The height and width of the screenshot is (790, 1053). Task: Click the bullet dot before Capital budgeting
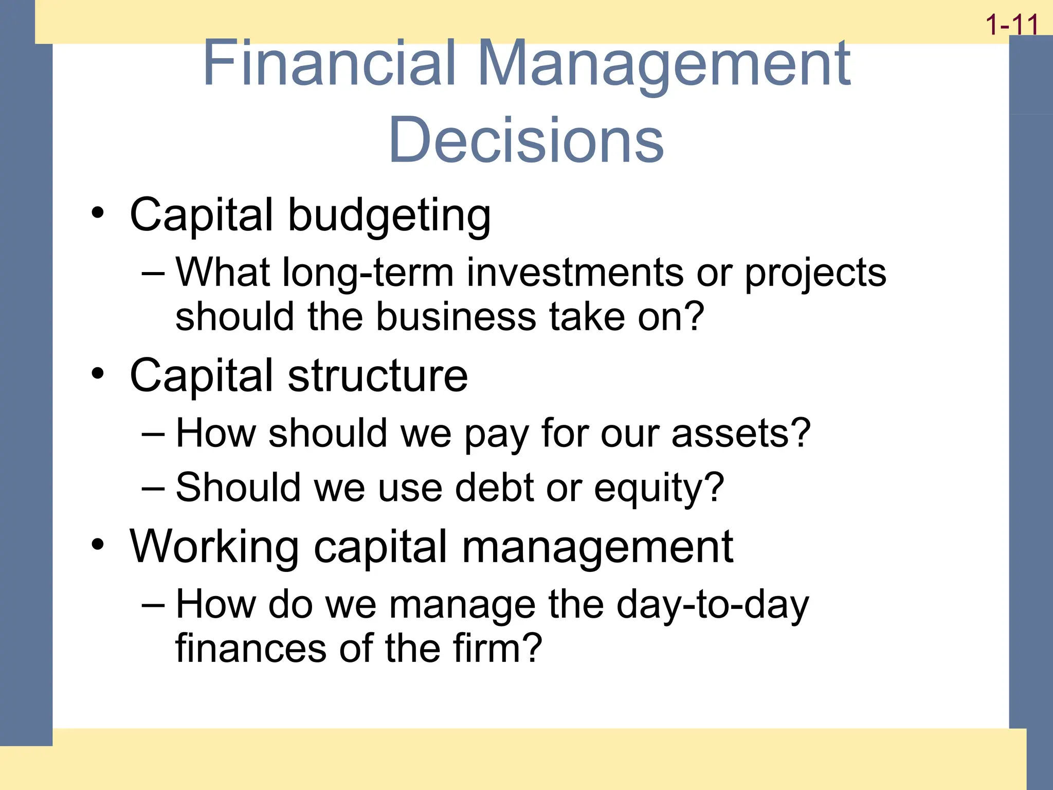coord(98,213)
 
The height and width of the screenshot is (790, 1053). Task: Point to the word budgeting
coord(389,216)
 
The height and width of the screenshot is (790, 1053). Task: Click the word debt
coord(494,487)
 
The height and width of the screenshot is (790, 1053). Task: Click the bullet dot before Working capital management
coord(98,545)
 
